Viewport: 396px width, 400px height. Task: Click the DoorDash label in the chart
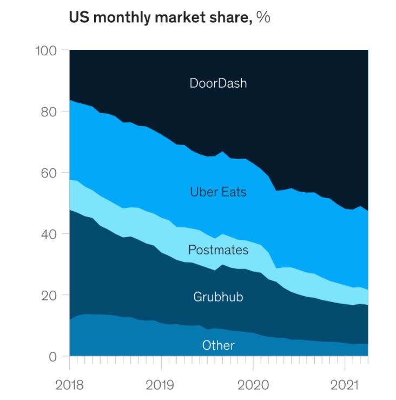pyautogui.click(x=218, y=83)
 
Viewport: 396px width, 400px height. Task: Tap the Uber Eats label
pyautogui.click(x=218, y=192)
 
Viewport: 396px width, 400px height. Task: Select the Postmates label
pyautogui.click(x=218, y=250)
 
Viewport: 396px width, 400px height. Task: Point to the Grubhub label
pyautogui.click(x=218, y=297)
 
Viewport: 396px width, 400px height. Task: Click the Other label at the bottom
pyautogui.click(x=218, y=345)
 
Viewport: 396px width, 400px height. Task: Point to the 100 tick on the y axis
pyautogui.click(x=47, y=51)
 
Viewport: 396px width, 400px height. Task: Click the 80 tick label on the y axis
pyautogui.click(x=50, y=112)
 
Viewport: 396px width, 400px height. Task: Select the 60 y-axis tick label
pyautogui.click(x=50, y=173)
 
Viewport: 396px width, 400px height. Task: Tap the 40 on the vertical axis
pyautogui.click(x=50, y=234)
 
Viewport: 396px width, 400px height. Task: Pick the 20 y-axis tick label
pyautogui.click(x=50, y=295)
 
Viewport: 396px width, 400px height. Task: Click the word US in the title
pyautogui.click(x=77, y=17)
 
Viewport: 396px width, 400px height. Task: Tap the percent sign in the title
pyautogui.click(x=263, y=17)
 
